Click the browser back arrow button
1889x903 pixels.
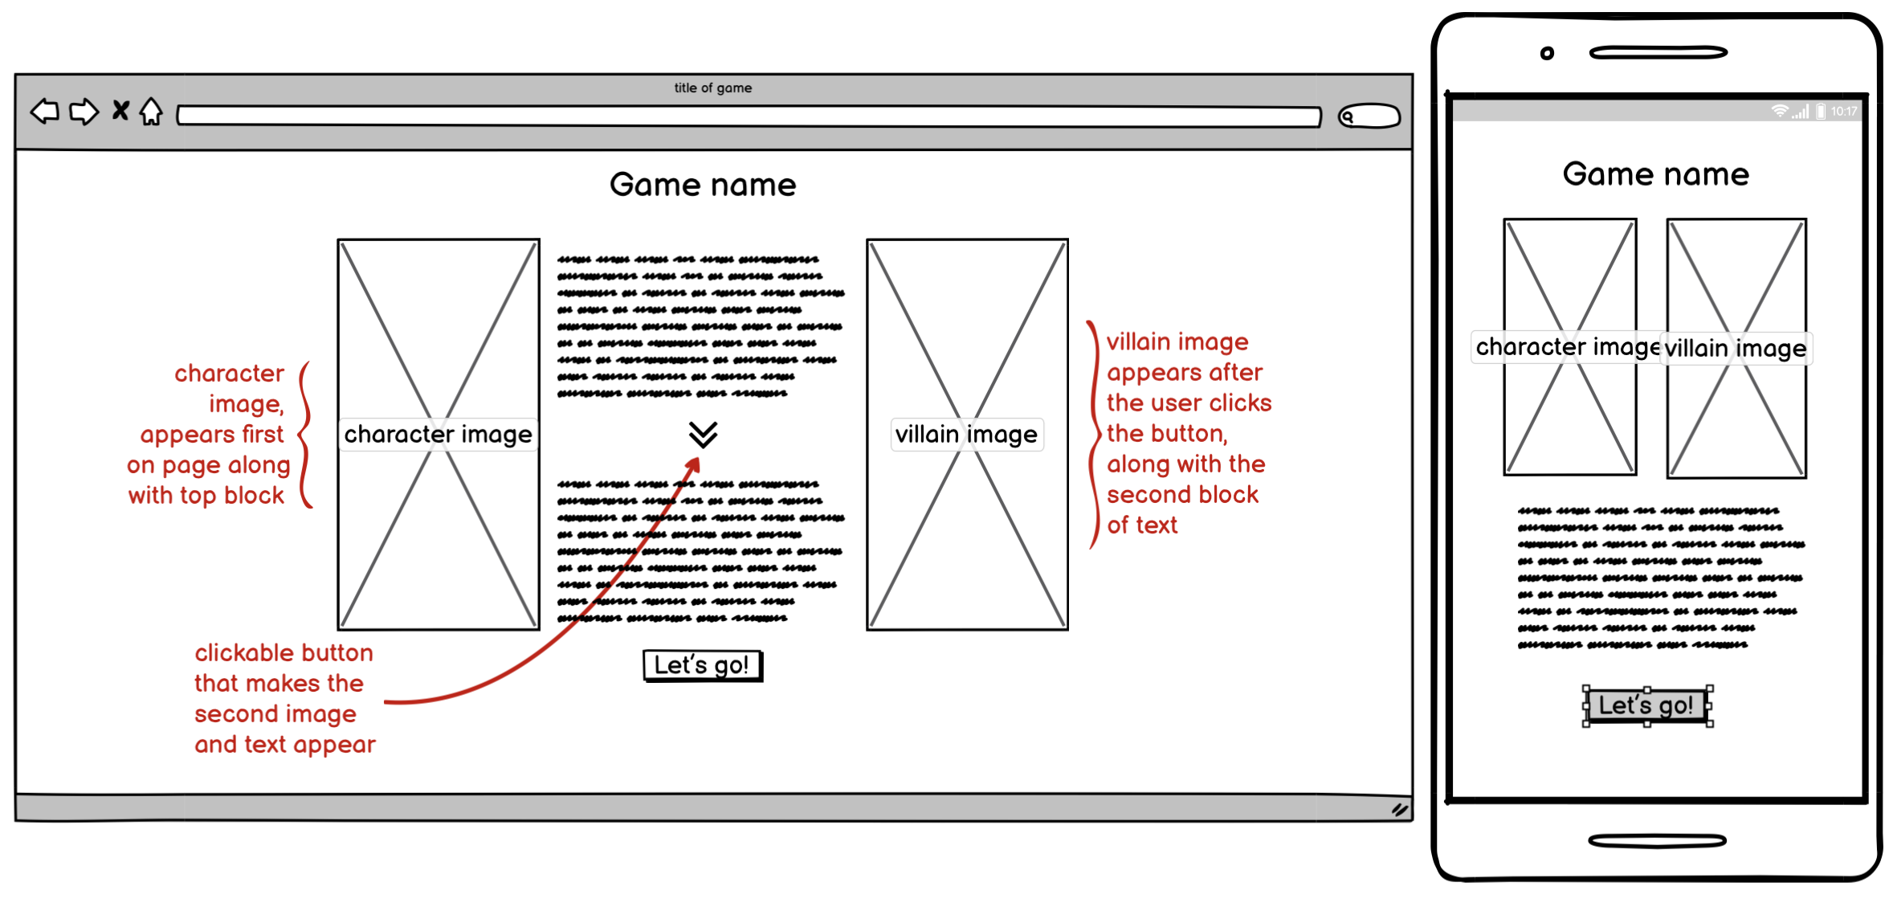tap(45, 111)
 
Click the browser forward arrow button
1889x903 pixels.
tap(84, 112)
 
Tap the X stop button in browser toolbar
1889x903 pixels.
tap(120, 110)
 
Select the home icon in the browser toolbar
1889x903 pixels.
tap(151, 111)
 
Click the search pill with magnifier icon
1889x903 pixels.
tap(1369, 116)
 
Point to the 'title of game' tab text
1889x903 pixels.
tap(712, 88)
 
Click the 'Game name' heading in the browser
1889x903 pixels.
tap(703, 185)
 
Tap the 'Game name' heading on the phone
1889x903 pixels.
tap(1655, 174)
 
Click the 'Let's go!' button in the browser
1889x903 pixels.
tap(702, 665)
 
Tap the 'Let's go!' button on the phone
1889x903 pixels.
tap(1646, 705)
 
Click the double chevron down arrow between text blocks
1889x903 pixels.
tap(703, 435)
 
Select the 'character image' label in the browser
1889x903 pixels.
tap(438, 435)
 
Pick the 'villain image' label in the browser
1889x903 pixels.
tap(966, 435)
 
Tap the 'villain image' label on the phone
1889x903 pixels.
tap(1735, 349)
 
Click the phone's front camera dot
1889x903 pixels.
tap(1547, 54)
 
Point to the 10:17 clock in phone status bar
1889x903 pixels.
tap(1843, 112)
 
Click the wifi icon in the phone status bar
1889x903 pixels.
tap(1780, 112)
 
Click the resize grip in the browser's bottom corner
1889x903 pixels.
tap(1400, 810)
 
